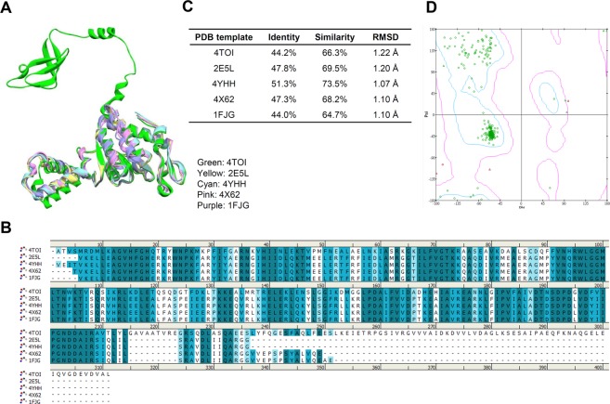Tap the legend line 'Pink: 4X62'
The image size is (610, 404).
[225, 188]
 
